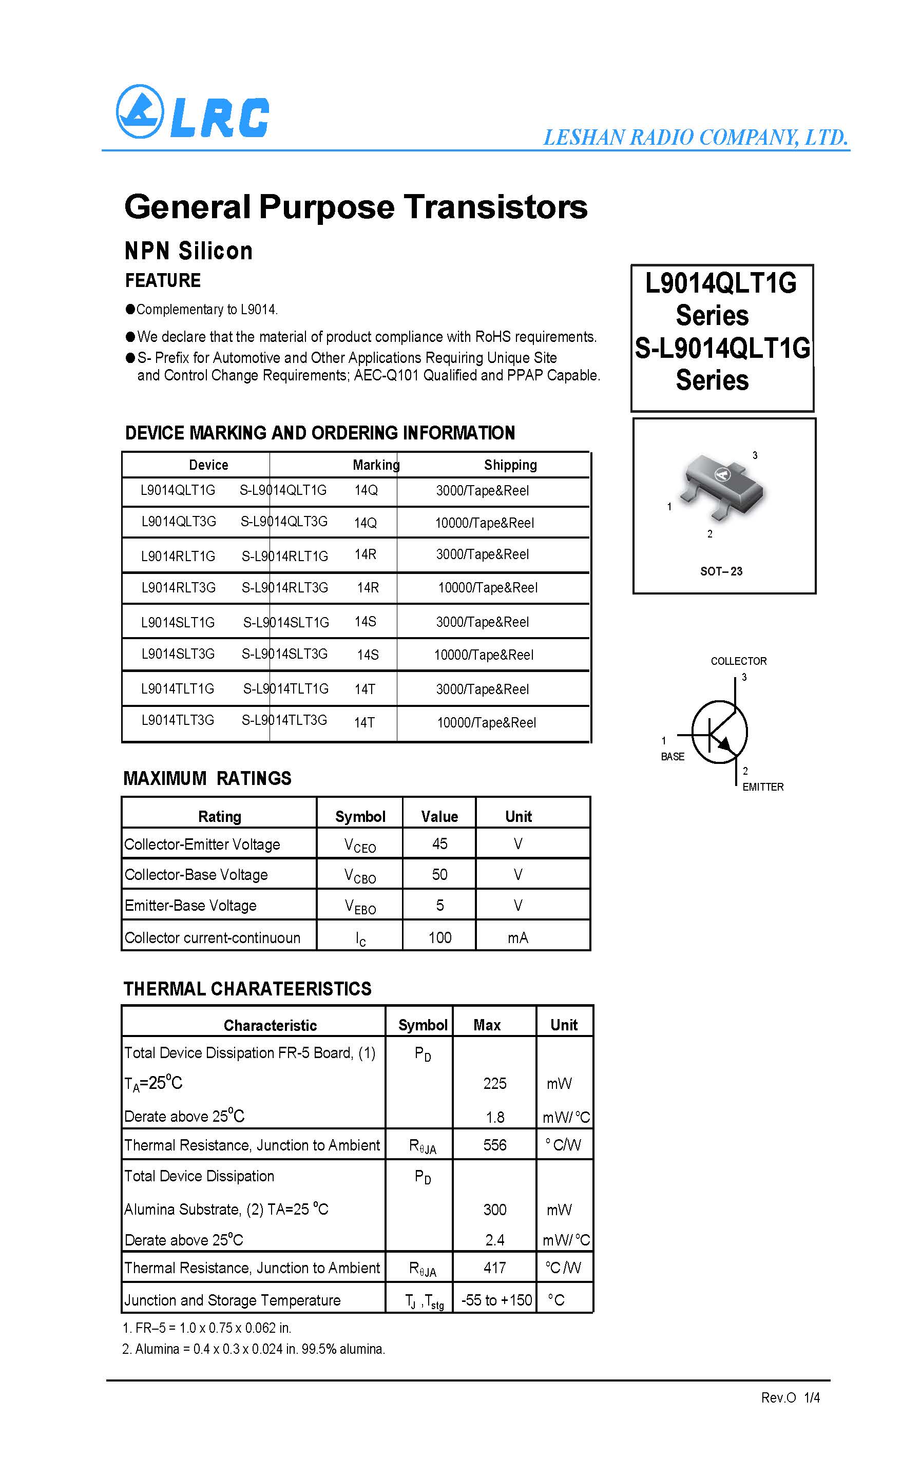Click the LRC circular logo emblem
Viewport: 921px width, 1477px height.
coord(140,111)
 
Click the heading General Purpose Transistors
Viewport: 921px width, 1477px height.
coord(356,206)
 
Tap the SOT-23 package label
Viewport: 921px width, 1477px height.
coord(721,571)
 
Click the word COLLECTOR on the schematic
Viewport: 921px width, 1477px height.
coord(738,661)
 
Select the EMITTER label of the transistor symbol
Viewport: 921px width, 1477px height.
coord(763,787)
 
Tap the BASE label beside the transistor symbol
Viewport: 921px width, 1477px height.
coord(673,756)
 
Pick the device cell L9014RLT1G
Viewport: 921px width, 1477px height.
coord(178,556)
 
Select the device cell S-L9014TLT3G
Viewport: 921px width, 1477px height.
coord(284,720)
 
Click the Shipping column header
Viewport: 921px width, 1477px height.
coord(510,465)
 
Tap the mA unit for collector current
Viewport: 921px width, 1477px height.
coord(518,938)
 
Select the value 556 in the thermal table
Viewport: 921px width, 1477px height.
coord(494,1145)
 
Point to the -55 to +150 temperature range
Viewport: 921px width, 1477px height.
coord(496,1300)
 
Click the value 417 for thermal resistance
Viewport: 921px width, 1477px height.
coord(494,1268)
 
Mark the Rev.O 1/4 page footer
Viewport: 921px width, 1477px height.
coord(790,1398)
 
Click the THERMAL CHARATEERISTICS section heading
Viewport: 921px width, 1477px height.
coord(247,989)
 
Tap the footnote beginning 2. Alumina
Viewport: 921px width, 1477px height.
coord(254,1349)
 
